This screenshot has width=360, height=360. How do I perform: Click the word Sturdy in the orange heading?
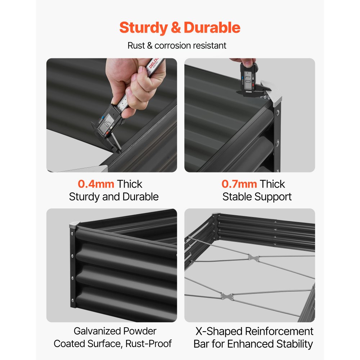144,28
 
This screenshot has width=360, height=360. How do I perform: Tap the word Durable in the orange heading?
212,28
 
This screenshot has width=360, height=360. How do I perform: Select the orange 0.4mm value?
96,184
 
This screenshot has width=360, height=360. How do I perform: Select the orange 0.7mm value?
239,184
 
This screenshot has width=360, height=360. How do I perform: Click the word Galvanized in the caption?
97,331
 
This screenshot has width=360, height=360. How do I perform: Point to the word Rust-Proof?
149,343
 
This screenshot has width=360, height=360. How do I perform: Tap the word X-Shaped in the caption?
219,331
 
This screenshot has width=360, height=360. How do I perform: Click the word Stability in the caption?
294,344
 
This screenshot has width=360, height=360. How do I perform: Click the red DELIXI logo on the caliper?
154,63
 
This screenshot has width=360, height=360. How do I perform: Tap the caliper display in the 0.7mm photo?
248,80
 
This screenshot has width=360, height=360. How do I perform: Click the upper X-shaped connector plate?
253,257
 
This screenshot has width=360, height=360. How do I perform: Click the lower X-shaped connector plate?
227,296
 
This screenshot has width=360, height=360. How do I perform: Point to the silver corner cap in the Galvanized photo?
75,225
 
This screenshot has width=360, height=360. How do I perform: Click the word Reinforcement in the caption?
279,331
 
